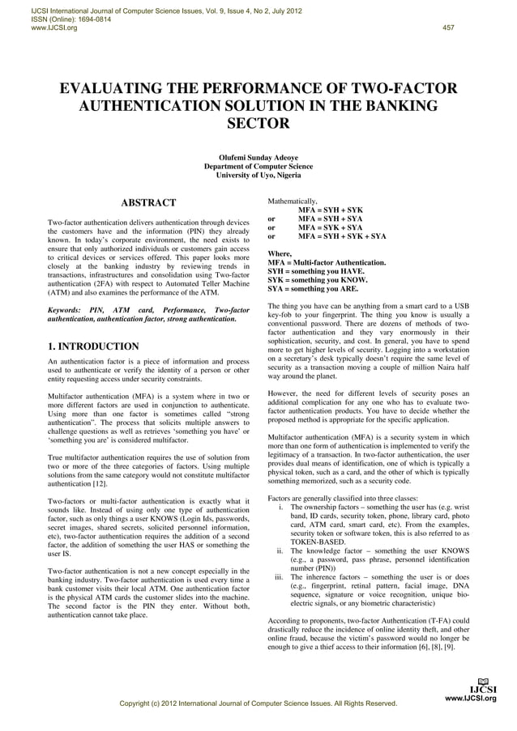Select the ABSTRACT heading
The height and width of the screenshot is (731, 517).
point(148,202)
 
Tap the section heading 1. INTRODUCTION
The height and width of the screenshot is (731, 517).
point(94,347)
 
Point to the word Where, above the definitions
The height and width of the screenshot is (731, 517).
point(280,254)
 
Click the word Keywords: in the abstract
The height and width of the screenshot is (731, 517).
point(68,311)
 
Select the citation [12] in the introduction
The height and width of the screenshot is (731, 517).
point(99,484)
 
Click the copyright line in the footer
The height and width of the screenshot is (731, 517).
point(257,704)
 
